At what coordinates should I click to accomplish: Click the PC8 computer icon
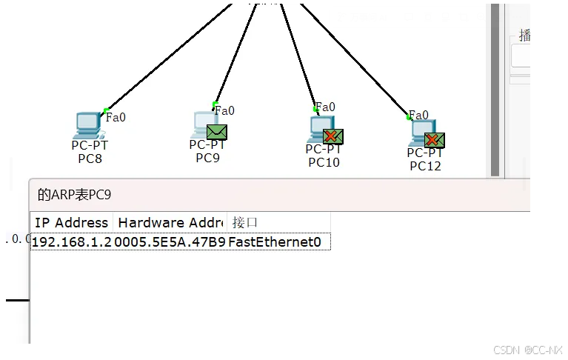pos(89,124)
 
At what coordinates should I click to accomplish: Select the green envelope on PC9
pos(216,132)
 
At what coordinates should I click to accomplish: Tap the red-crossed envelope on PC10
pos(333,136)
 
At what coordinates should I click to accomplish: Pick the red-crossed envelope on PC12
pos(435,140)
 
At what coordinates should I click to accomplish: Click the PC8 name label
pos(89,158)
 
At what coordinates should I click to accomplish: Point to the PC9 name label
pos(207,157)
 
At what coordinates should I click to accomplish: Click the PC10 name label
pos(324,162)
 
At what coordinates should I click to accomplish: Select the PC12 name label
pos(425,166)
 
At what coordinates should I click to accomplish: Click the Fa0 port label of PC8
pos(116,117)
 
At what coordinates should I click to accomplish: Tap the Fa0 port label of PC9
pos(224,111)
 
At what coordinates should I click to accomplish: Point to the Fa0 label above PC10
pos(325,107)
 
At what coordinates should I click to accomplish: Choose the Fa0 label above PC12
pos(419,115)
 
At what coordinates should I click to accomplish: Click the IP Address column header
pos(71,222)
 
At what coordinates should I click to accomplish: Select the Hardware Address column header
pos(170,222)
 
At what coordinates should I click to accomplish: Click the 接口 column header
pos(245,222)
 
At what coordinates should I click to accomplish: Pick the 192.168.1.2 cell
pos(73,241)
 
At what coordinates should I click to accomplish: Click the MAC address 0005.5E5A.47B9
pos(170,241)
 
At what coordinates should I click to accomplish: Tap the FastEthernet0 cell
pos(275,241)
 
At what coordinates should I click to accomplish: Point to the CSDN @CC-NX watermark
pos(527,349)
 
